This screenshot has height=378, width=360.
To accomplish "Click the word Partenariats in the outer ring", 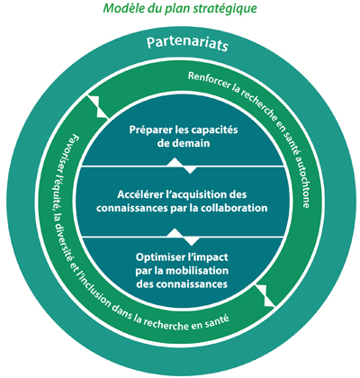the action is coord(187,44).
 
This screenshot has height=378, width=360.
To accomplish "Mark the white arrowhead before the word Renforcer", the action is coord(98,107).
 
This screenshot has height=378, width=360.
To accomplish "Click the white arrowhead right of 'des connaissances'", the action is coord(265,296).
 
